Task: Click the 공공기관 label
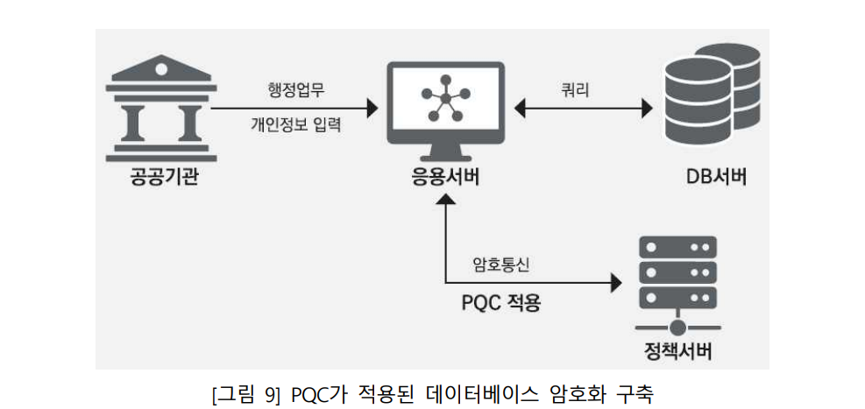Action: [163, 178]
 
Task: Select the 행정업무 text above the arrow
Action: [295, 90]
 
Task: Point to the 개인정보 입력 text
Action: [295, 125]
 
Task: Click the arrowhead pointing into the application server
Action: [372, 108]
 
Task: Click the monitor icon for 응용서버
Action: [446, 112]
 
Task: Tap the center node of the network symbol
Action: [444, 99]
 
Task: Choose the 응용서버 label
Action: [445, 178]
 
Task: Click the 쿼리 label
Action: [576, 90]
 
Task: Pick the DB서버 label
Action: [716, 178]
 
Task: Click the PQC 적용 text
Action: [501, 303]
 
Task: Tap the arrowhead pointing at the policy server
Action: [615, 284]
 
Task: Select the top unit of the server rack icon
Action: [677, 248]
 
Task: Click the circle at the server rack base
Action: [677, 328]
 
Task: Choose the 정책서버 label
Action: [678, 352]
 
